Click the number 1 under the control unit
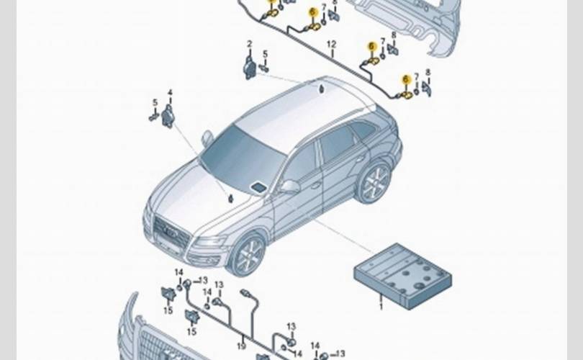[382, 307]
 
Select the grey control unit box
[403, 274]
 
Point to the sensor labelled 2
[250, 68]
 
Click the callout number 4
[170, 92]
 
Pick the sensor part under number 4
[168, 115]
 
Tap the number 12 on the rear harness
[332, 44]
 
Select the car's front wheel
[247, 255]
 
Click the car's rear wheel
[374, 182]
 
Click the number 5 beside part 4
[154, 102]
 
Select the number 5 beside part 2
[264, 54]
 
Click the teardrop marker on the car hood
[231, 199]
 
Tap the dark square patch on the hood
[258, 187]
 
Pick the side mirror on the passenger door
[289, 186]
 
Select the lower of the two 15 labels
[192, 332]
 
